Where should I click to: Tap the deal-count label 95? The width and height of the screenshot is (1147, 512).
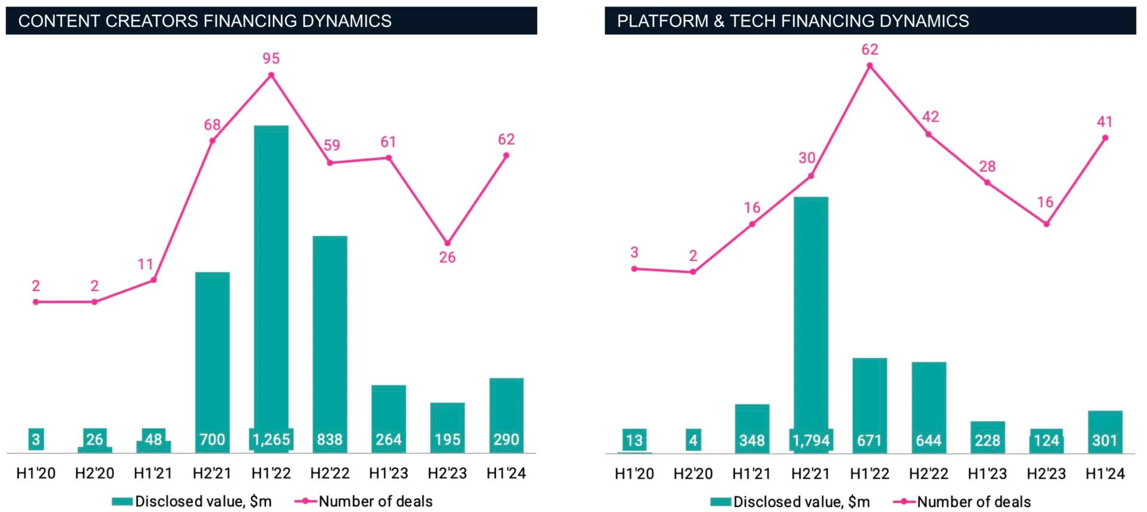[x=271, y=59]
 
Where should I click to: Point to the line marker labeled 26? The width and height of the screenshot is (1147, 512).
[x=447, y=243]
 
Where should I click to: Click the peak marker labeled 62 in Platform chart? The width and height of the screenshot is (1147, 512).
[x=869, y=66]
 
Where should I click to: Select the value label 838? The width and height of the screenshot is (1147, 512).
[x=330, y=440]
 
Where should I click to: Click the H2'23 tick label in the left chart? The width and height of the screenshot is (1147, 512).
[x=447, y=473]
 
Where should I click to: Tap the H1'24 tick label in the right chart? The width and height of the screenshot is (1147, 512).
[x=1105, y=474]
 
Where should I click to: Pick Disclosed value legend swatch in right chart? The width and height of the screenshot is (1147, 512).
[x=720, y=502]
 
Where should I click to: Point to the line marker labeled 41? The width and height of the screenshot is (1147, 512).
[x=1105, y=138]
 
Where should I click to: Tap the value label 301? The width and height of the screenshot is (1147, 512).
[x=1105, y=441]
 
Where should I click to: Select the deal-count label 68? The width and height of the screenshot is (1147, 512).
[x=212, y=125]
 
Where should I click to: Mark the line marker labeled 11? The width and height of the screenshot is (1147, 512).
[x=154, y=280]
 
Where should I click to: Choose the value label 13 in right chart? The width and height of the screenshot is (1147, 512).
[x=634, y=441]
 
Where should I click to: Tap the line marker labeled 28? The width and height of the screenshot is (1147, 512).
[x=987, y=183]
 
